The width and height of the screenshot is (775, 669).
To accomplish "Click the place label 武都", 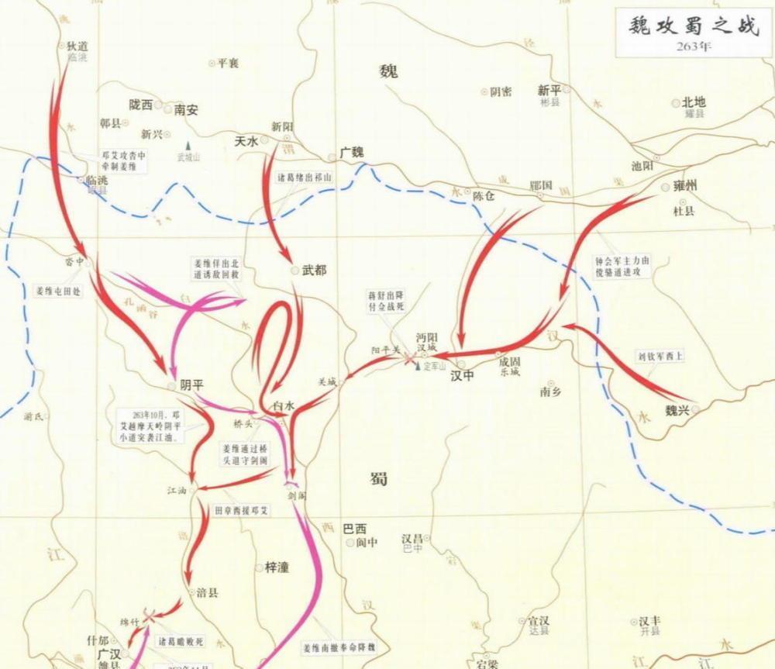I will (314, 271).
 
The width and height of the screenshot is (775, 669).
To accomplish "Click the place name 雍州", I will (685, 187).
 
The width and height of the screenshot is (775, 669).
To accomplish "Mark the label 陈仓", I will (484, 197).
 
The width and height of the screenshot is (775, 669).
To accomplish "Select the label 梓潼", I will (277, 567).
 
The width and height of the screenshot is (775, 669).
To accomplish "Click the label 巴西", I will (354, 529).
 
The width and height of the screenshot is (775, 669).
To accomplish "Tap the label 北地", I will (693, 102).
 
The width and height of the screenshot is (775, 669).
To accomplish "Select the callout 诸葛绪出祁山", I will (305, 177).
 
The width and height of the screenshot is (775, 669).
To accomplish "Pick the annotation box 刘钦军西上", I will (660, 357).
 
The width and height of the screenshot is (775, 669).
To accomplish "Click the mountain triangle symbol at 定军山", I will (417, 365).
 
